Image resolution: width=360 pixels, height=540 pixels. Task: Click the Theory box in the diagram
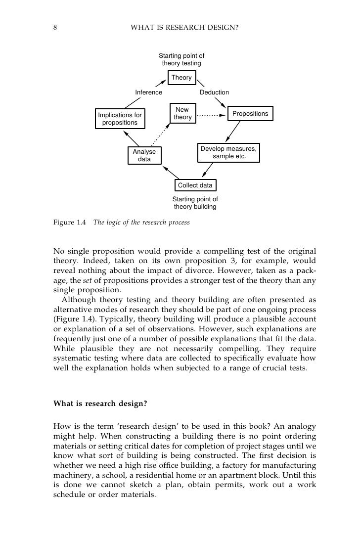(x=181, y=78)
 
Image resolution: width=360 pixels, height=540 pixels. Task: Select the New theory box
(x=182, y=114)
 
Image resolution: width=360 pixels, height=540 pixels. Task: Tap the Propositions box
(x=250, y=114)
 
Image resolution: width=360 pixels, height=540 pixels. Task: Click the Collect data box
(x=195, y=185)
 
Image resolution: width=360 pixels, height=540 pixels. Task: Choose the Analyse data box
(x=144, y=156)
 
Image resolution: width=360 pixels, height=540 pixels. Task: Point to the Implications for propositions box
(x=120, y=119)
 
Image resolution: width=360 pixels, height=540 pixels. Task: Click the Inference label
(x=149, y=92)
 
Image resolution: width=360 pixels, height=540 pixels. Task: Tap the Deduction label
(x=214, y=92)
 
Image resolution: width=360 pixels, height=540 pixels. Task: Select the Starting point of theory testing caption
(x=181, y=60)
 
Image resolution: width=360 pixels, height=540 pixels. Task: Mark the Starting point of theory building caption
(x=195, y=203)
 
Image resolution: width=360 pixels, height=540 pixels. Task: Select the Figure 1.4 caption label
(x=69, y=222)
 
